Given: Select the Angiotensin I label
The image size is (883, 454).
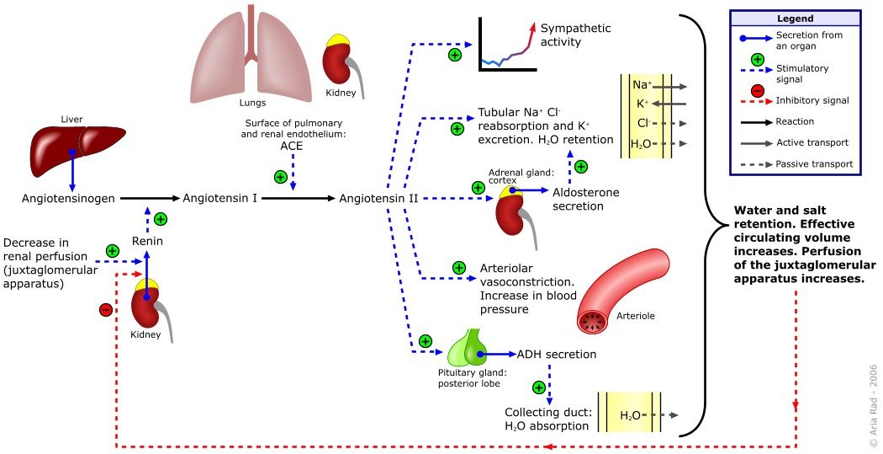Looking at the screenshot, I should click(x=219, y=199).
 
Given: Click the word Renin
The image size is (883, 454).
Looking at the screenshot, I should click(x=146, y=242).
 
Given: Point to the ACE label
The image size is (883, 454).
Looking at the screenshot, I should click(x=292, y=146).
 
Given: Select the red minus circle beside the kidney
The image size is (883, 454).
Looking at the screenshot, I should click(x=106, y=310).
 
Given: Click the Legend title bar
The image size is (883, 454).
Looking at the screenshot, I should click(x=795, y=18).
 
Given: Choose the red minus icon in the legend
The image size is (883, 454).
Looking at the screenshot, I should click(x=757, y=91).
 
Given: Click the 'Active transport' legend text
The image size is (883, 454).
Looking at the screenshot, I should click(x=812, y=142).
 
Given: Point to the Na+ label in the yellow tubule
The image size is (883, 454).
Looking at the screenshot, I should click(x=641, y=86).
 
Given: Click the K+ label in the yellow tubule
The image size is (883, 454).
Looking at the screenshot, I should click(x=642, y=104).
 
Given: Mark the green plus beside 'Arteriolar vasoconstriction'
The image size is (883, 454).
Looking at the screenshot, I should click(x=459, y=268).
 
